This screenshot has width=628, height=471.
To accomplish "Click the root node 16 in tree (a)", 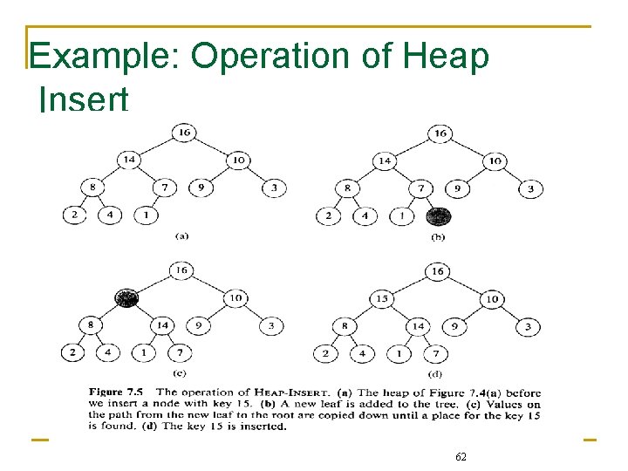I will coord(183,133).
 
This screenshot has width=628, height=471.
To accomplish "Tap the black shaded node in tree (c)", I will coord(128,298).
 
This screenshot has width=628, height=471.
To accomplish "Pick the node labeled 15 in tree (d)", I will coord(382,299).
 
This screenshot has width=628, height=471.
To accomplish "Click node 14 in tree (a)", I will coord(129,160).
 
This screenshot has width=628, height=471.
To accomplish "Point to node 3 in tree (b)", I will coord(529,188).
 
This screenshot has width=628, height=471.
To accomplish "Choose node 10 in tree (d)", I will coord(493,299).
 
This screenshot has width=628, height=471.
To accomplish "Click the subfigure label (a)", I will coord(182,235).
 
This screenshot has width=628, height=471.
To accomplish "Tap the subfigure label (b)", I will coord(439,236).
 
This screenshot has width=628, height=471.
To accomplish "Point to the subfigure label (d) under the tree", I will coord(436,374).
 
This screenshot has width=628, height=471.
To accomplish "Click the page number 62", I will coord(461,456).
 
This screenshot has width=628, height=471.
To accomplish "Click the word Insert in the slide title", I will coord(85,98).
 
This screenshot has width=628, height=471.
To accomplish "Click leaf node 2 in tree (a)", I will coord(74,215).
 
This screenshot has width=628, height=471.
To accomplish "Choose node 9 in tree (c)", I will coord(200,326).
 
